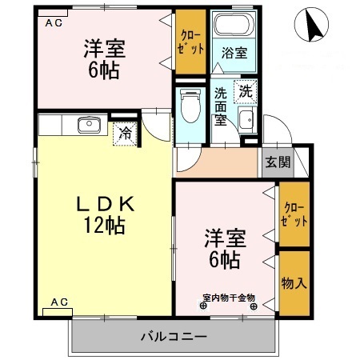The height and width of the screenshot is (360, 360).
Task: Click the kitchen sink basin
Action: (87, 125)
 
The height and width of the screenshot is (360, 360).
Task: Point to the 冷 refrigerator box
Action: (126, 133)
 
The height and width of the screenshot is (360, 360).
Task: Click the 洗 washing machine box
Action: (246, 91)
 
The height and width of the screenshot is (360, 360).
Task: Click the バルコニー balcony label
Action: (174, 335)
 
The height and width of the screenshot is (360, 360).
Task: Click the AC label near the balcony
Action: (59, 302)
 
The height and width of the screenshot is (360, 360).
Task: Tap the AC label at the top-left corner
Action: (53, 23)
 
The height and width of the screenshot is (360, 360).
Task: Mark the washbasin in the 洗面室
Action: (247, 121)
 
